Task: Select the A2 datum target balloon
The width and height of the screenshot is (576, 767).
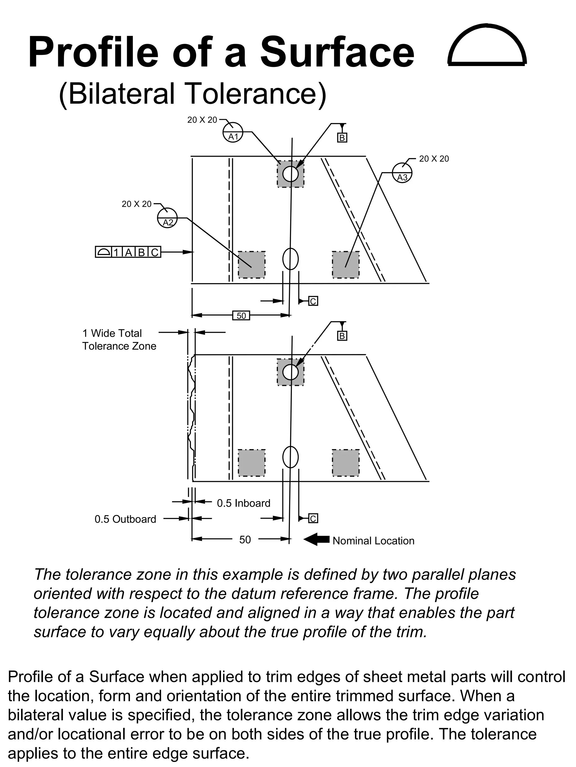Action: point(167,218)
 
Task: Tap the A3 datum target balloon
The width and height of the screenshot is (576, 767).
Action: point(402,173)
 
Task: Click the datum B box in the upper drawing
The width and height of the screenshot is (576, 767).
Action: point(342,138)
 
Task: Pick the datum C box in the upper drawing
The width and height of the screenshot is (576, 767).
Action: point(313,301)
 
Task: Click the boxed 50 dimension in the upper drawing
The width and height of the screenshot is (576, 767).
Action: point(241,316)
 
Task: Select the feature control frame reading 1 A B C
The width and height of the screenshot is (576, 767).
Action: point(128,252)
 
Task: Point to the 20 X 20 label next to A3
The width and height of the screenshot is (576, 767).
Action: point(434,159)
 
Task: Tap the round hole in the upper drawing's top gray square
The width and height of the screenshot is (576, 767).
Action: point(290,174)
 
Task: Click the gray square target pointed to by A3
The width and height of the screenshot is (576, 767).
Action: point(345,265)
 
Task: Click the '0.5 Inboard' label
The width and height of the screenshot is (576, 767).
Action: point(243,503)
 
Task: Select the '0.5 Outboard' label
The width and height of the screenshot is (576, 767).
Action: point(125,519)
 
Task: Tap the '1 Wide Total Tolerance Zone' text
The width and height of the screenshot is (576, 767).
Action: point(119,340)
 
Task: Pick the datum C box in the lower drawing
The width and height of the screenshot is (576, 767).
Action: point(313,518)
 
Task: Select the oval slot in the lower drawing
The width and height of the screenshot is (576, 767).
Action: point(290,457)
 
